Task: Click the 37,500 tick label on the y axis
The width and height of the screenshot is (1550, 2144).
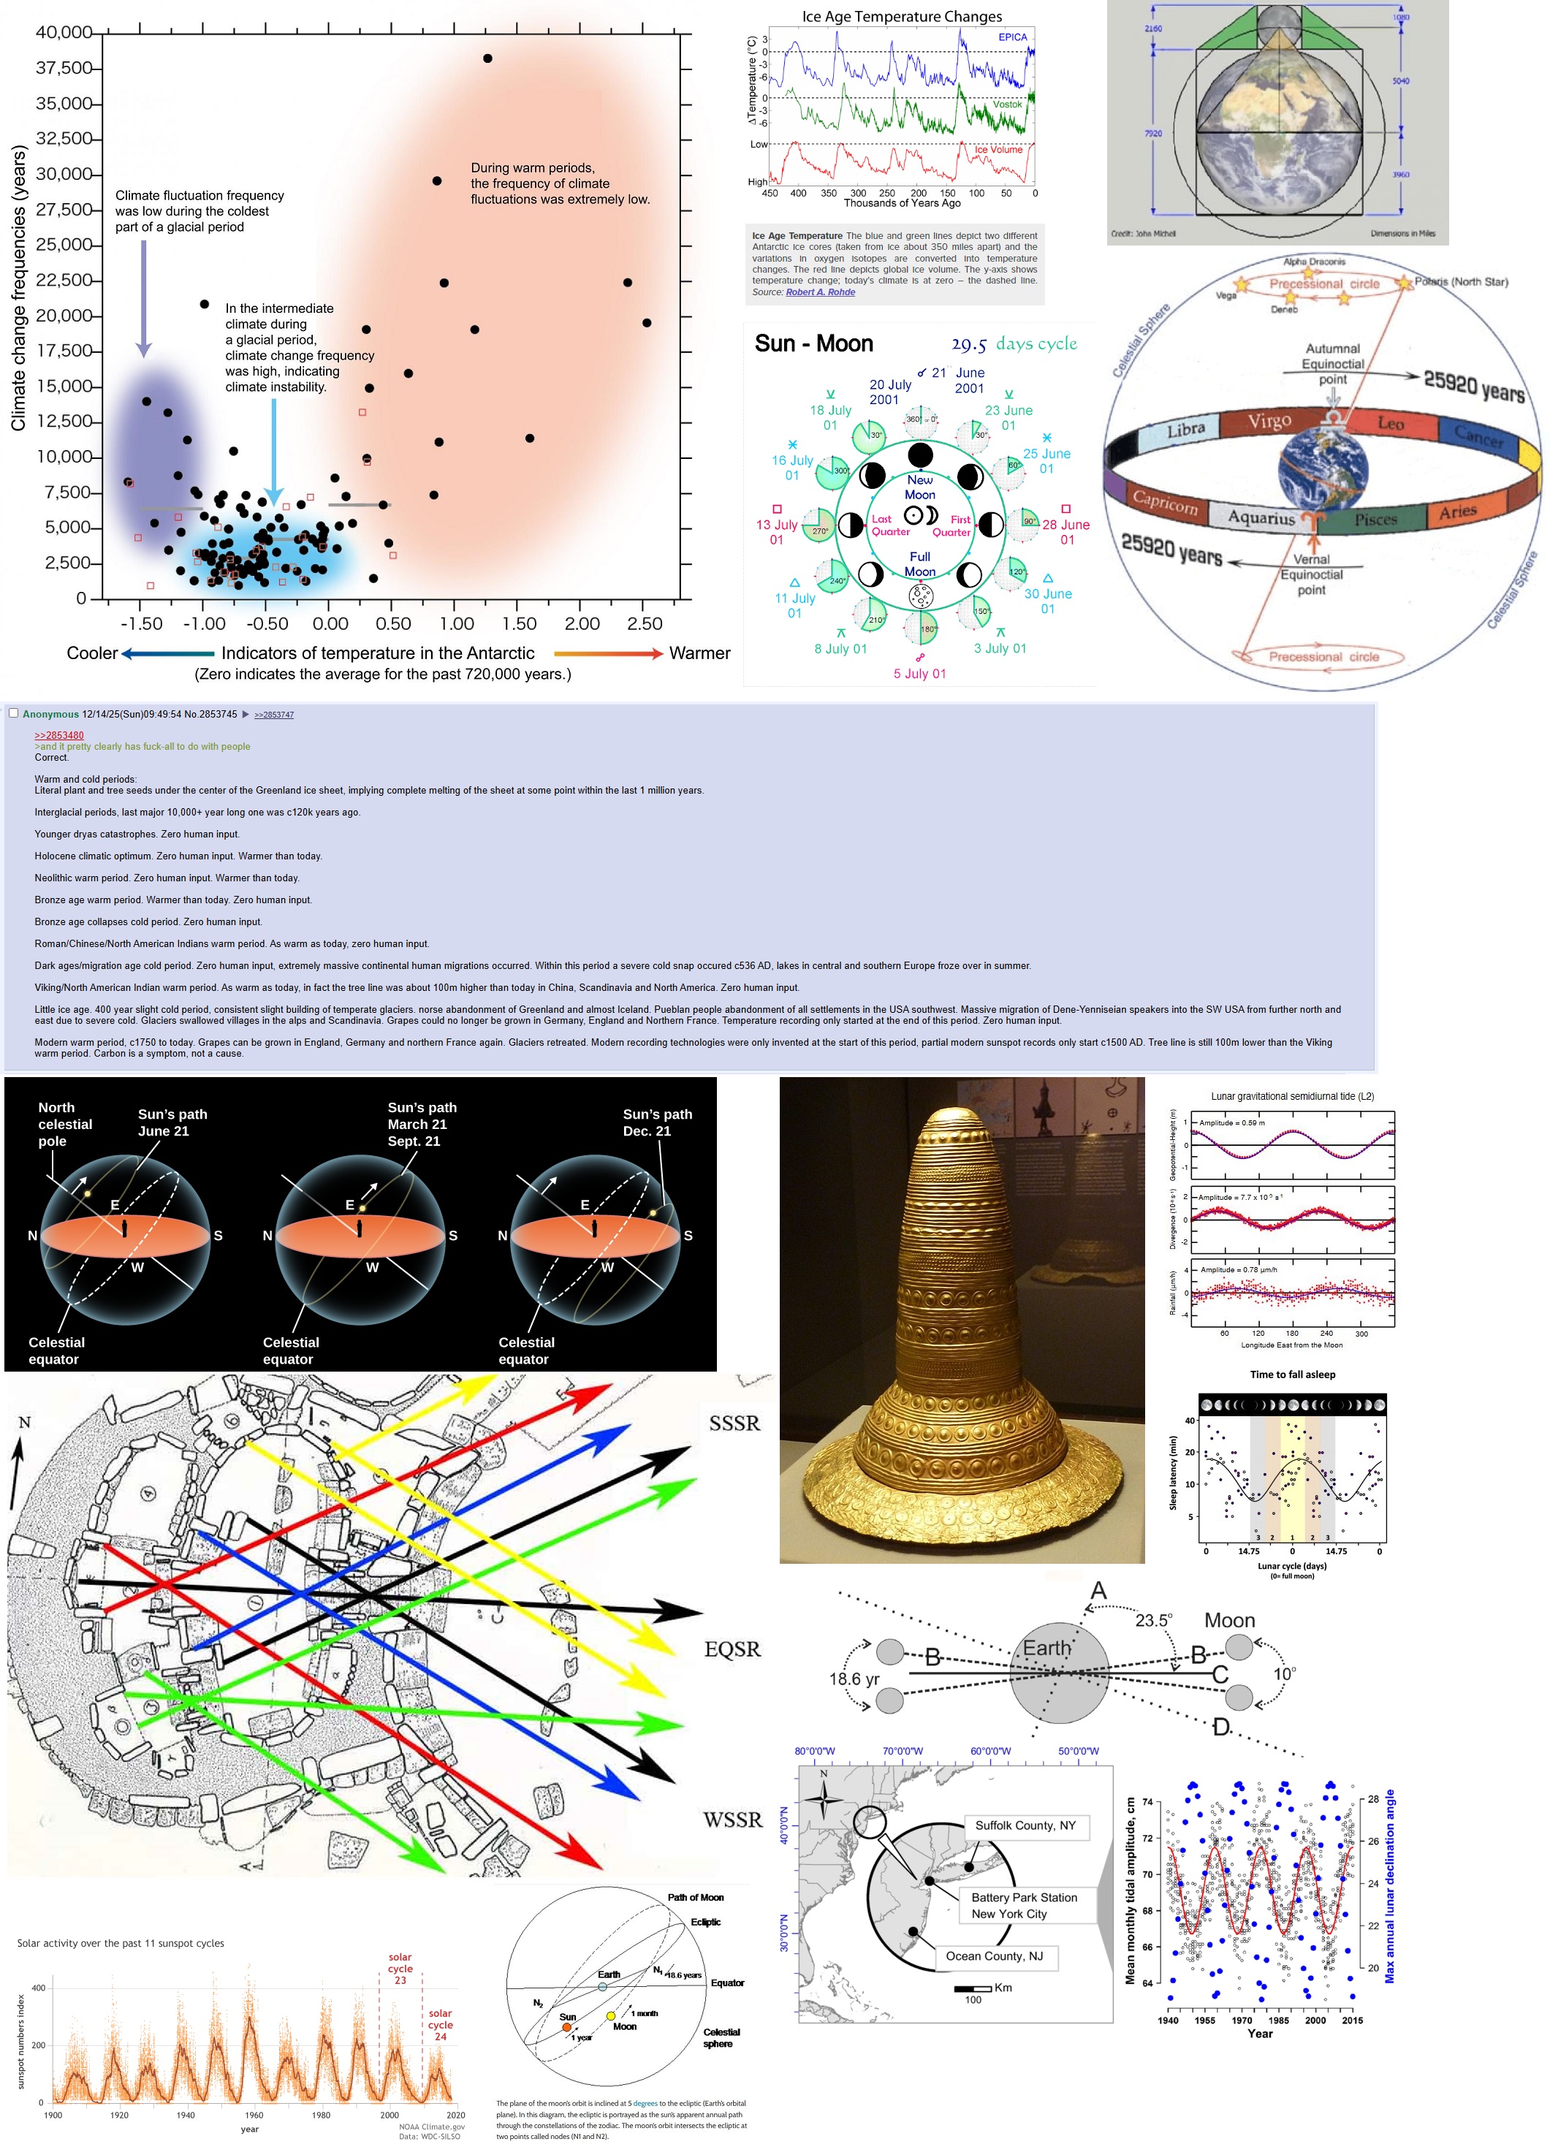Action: tap(64, 68)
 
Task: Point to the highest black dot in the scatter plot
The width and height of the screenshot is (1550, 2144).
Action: tap(487, 58)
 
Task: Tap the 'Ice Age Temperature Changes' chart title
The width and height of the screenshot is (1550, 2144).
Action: tap(902, 16)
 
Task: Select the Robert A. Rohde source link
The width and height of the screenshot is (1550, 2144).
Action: tap(821, 292)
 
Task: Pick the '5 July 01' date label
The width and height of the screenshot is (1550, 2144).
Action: tap(919, 674)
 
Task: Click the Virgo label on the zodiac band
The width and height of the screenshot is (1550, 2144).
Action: tap(1269, 421)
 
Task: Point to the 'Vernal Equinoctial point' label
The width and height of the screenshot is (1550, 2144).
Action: tap(1311, 574)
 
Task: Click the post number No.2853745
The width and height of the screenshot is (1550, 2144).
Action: tap(210, 715)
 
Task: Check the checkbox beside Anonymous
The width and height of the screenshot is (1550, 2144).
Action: tap(13, 714)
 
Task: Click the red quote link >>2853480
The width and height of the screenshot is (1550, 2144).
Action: tap(58, 735)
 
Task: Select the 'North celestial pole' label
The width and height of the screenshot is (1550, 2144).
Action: tap(64, 1124)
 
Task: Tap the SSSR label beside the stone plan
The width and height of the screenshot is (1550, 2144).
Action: tap(734, 1423)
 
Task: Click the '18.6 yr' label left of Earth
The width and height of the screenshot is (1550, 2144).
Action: tap(854, 1679)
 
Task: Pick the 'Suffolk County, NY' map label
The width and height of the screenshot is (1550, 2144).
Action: tap(1025, 1825)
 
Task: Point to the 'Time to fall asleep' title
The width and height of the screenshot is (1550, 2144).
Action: tap(1292, 1375)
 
